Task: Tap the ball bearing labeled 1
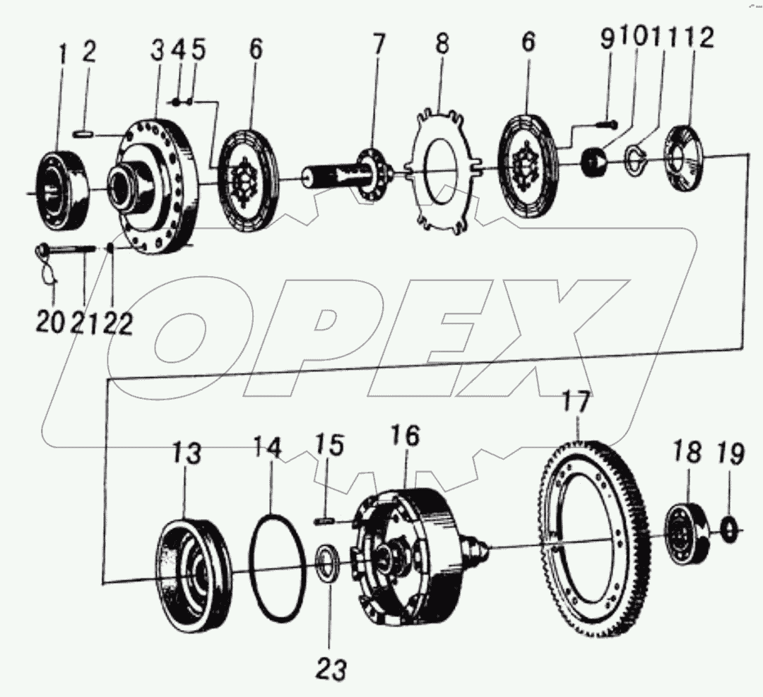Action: coord(61,189)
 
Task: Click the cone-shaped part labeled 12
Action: coord(684,157)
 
